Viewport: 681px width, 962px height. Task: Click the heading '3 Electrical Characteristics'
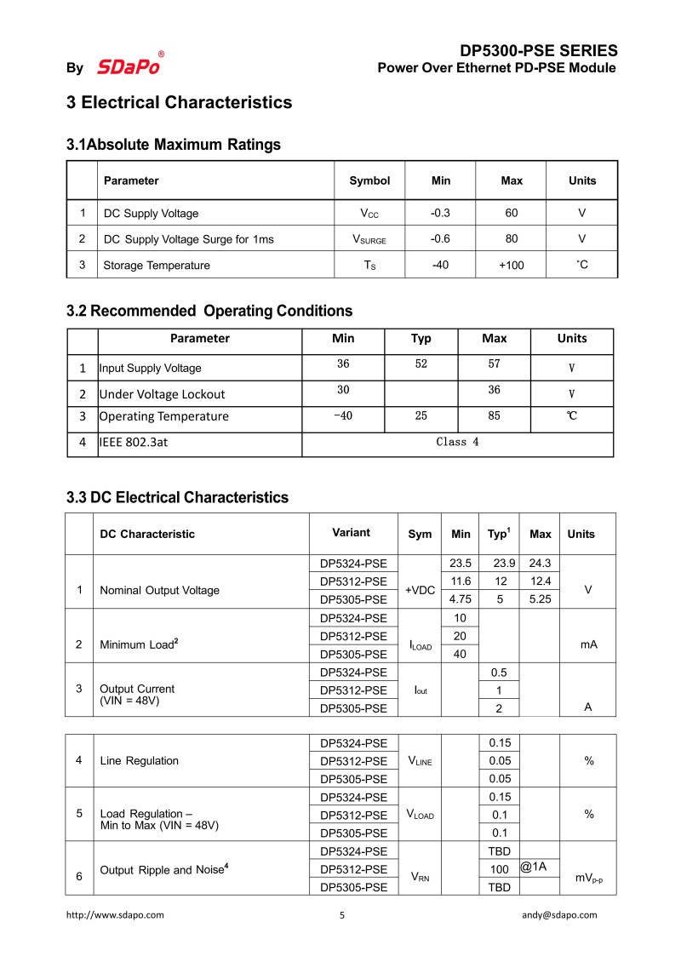[179, 103]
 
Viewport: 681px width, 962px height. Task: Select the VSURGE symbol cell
[369, 239]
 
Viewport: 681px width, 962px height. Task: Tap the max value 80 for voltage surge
[512, 239]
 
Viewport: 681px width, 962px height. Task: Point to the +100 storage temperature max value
[512, 265]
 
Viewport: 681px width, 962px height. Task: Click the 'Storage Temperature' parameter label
[156, 265]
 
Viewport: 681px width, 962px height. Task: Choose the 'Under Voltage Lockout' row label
[162, 394]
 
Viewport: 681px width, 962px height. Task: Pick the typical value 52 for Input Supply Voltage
[421, 364]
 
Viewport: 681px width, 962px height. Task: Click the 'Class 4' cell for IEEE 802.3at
[457, 442]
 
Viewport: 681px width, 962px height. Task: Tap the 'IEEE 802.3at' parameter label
[134, 442]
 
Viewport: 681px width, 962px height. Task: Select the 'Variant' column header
[351, 533]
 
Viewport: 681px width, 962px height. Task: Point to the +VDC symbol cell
[421, 590]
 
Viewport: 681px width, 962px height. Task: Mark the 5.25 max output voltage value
[541, 598]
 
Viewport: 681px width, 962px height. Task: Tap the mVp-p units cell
[588, 878]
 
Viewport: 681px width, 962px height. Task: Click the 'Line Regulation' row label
[139, 760]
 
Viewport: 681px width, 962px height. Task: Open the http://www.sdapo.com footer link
[115, 915]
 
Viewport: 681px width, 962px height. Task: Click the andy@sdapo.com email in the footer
[559, 915]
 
